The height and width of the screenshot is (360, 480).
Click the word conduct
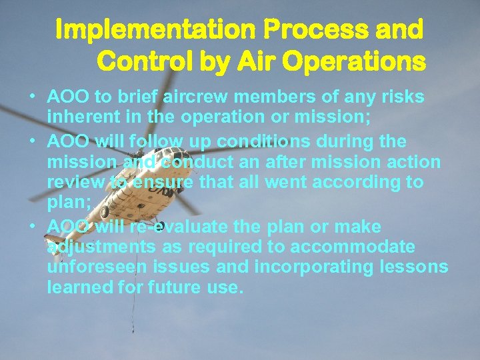[201, 162]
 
